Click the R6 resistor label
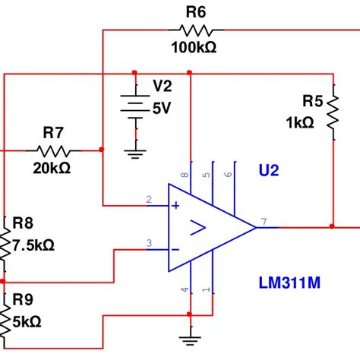(x=195, y=12)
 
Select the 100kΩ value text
(x=195, y=47)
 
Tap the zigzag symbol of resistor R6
(x=195, y=30)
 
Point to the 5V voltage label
(x=161, y=109)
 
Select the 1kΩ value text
(x=299, y=122)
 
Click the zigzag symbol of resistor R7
(x=52, y=150)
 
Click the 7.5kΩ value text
(x=34, y=245)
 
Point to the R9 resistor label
(x=23, y=299)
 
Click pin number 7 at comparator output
(x=264, y=221)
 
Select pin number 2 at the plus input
(x=150, y=200)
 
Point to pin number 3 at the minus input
(x=150, y=243)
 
